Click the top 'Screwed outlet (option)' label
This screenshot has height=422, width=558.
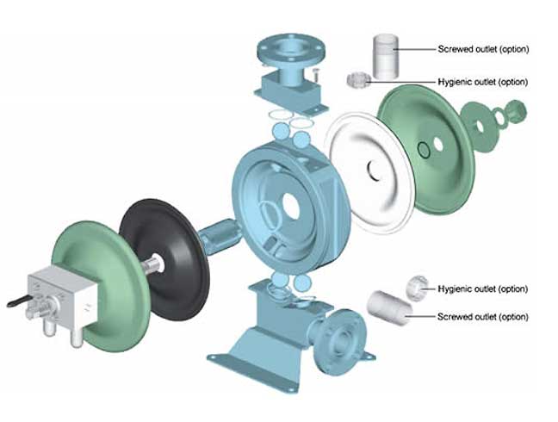[x=483, y=49]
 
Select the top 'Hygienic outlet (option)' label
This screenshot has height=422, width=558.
[x=482, y=82]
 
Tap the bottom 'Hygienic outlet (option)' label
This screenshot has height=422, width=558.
[x=482, y=289]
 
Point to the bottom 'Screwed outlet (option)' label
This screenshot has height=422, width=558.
[x=482, y=316]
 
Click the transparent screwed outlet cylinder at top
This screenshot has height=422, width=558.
[x=385, y=57]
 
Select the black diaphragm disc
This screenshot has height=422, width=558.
[x=164, y=245]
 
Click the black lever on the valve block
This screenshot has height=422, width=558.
[x=21, y=301]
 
